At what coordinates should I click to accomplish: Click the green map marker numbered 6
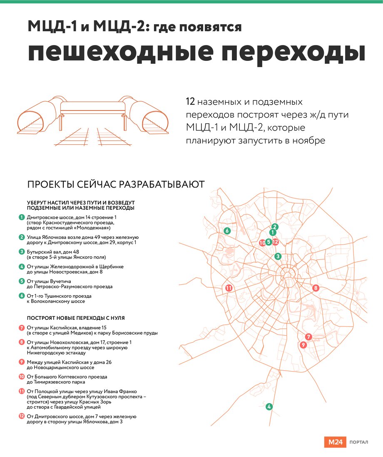(x=227, y=231)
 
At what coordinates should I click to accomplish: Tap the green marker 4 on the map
(x=269, y=407)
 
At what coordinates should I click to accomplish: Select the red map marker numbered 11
(x=229, y=288)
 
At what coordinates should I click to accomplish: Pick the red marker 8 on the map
(x=316, y=288)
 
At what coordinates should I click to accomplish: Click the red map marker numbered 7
(x=308, y=337)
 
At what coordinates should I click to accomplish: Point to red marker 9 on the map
(x=303, y=345)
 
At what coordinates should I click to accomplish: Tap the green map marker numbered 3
(x=278, y=256)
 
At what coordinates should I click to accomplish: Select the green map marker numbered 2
(x=275, y=227)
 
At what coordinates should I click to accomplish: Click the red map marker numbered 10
(x=262, y=242)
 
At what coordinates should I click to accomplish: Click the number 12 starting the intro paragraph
(x=190, y=102)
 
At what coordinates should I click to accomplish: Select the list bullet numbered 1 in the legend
(x=22, y=217)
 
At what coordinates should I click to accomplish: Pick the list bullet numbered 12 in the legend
(x=22, y=416)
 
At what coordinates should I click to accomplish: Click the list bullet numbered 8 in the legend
(x=22, y=342)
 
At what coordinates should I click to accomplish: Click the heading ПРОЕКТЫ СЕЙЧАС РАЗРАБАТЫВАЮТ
(x=116, y=184)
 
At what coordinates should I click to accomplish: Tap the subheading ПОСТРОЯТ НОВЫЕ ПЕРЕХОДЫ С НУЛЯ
(x=76, y=318)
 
